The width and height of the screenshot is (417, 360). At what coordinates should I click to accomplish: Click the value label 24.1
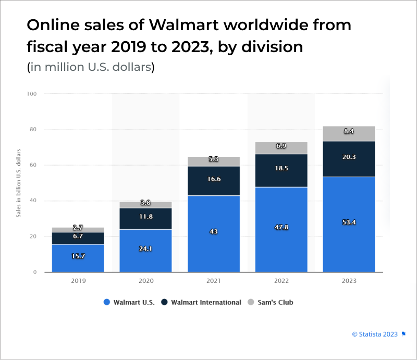tap(145, 249)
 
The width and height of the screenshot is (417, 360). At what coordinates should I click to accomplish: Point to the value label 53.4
tap(349, 222)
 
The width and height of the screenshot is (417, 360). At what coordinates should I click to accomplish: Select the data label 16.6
tap(214, 179)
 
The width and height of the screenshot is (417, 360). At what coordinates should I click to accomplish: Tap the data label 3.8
tap(145, 203)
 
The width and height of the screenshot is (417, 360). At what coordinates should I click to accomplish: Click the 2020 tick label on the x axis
tap(145, 281)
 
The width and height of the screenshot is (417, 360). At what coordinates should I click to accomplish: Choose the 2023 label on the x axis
tap(349, 281)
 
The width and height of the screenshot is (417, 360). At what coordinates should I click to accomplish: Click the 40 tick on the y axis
tap(33, 201)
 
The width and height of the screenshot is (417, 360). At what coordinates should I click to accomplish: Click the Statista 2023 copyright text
tap(375, 334)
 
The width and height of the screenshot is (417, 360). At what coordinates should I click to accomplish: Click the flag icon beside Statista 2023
tap(403, 334)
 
